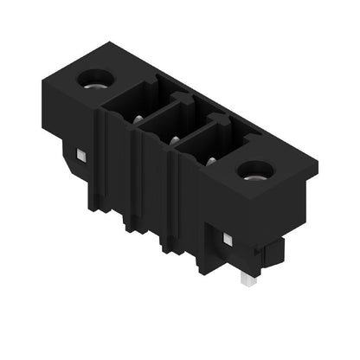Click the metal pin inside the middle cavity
173,140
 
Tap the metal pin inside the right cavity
210,161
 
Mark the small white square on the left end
80,155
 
